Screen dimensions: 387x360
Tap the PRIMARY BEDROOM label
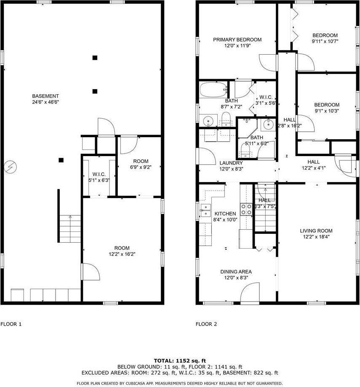click(x=237, y=40)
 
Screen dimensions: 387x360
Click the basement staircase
click(x=69, y=229)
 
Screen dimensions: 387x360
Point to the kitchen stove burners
click(x=246, y=209)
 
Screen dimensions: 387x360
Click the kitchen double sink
click(x=205, y=210)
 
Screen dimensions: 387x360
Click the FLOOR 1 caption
click(x=11, y=324)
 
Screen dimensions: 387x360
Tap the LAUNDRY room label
click(x=231, y=163)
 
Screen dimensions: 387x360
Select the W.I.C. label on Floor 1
click(x=99, y=174)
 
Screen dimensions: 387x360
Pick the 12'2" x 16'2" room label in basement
click(x=122, y=254)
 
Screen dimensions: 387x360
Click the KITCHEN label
click(x=225, y=214)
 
